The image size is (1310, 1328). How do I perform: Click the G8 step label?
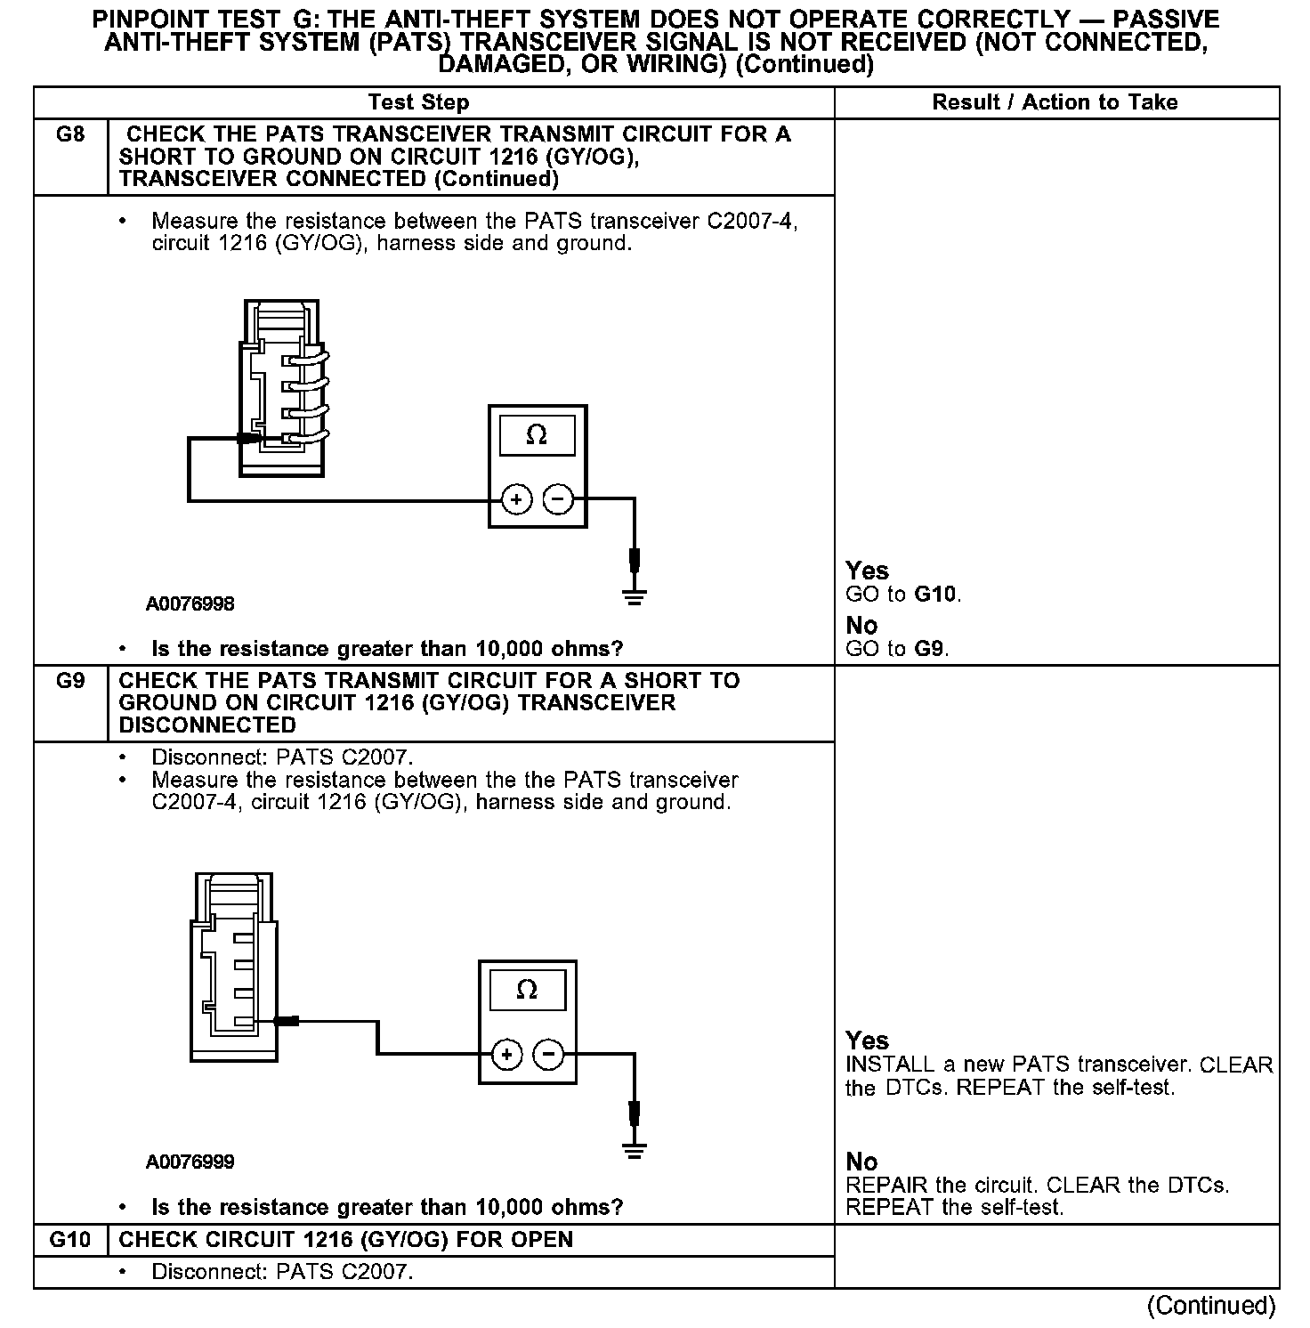pos(69,135)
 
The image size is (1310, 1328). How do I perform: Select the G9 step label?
pos(69,681)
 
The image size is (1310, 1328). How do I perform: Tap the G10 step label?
pos(69,1240)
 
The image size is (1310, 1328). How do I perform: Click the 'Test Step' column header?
pos(418,102)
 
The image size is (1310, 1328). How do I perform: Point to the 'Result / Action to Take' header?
pos(1055,102)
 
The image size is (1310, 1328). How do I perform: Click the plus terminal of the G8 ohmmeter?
pos(517,499)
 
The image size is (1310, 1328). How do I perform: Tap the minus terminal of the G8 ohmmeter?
pos(558,499)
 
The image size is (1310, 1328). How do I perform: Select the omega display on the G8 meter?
pos(537,435)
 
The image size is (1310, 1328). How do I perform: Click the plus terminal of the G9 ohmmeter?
pos(506,1055)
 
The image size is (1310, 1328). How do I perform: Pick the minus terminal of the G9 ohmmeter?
pos(548,1055)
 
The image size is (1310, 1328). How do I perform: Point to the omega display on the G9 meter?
pos(527,990)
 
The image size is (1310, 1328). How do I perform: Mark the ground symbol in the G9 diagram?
pos(634,1149)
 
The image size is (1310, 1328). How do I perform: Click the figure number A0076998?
pos(190,604)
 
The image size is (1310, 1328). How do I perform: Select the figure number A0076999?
pos(190,1162)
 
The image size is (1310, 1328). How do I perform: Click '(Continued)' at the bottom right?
pos(1211,1305)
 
